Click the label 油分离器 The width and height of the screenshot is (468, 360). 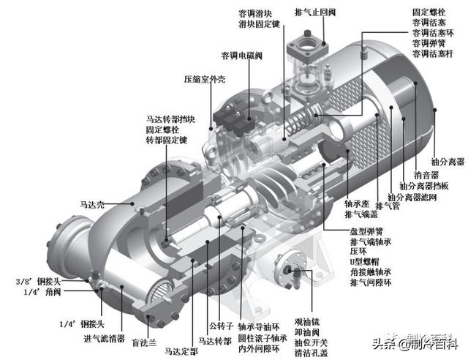[446, 162]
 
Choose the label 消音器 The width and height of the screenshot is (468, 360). [425, 176]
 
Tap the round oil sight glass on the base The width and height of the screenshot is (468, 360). [297, 270]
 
